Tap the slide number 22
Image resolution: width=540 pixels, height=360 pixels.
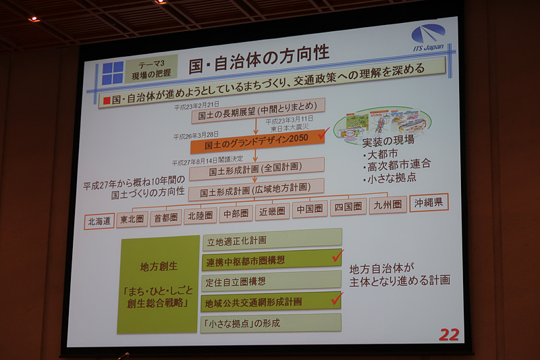pyautogui.click(x=448, y=334)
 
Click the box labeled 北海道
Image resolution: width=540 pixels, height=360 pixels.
pyautogui.click(x=99, y=221)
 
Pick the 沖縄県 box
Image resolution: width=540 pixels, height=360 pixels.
pyautogui.click(x=429, y=203)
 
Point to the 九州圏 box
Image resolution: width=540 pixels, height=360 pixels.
pyautogui.click(x=387, y=205)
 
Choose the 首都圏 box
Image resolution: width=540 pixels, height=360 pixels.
pyautogui.click(x=165, y=217)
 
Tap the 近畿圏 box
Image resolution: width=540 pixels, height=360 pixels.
pyautogui.click(x=272, y=211)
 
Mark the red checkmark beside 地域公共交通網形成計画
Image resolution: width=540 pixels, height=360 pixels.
pyautogui.click(x=337, y=298)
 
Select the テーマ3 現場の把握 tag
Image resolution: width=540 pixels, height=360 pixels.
pyautogui.click(x=150, y=69)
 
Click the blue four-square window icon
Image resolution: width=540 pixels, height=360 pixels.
pyautogui.click(x=113, y=73)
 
